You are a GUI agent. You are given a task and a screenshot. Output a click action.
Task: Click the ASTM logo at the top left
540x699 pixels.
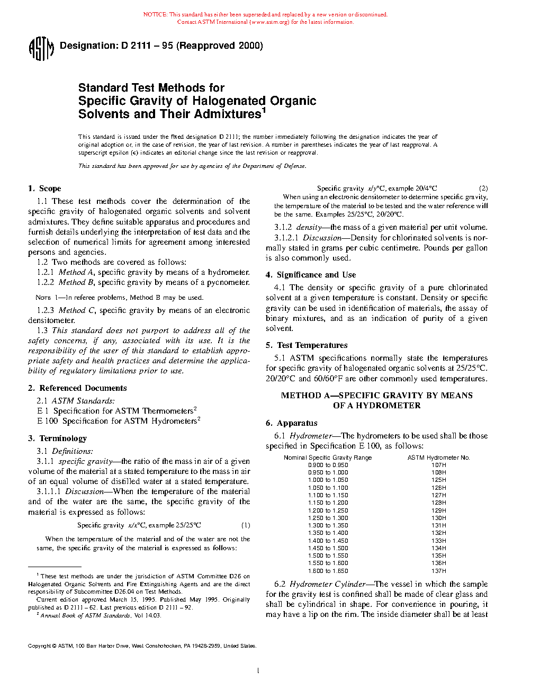[x=41, y=48]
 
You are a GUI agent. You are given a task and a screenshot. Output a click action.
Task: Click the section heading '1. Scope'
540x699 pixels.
[x=44, y=189]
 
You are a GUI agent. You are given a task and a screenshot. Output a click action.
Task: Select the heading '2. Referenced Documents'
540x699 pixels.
[x=77, y=388]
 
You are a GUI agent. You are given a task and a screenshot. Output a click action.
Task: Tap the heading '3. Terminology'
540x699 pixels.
[x=57, y=438]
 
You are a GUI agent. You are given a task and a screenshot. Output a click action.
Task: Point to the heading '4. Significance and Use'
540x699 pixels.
[x=311, y=275]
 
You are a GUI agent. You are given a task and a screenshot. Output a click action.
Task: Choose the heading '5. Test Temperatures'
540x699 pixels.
[x=307, y=345]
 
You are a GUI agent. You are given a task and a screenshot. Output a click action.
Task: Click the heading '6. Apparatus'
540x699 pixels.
[x=292, y=423]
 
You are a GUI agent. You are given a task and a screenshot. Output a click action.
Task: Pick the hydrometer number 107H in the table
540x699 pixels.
[x=438, y=465]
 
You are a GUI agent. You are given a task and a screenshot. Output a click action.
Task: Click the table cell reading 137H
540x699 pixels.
[x=438, y=571]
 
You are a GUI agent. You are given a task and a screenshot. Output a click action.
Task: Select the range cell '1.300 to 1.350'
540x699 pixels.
[x=328, y=526]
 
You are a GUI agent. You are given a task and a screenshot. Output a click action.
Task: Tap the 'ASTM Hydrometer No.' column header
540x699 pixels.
[x=438, y=458]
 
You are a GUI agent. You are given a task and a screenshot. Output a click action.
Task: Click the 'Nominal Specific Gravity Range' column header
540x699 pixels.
[x=328, y=458]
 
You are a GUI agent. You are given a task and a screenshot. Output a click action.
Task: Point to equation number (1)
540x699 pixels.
[x=246, y=525]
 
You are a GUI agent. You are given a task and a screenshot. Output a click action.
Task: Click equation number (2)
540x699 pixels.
[x=483, y=189]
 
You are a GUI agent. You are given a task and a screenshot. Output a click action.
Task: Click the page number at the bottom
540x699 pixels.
[x=258, y=671]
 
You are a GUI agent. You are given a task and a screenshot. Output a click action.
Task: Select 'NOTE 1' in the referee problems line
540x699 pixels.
[x=43, y=298]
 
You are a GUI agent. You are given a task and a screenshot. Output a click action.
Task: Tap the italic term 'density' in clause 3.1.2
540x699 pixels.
[x=309, y=227]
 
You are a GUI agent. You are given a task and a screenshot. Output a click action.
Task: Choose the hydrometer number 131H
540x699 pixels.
[x=438, y=526]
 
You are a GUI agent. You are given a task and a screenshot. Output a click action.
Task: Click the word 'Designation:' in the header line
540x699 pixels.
[x=88, y=46]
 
